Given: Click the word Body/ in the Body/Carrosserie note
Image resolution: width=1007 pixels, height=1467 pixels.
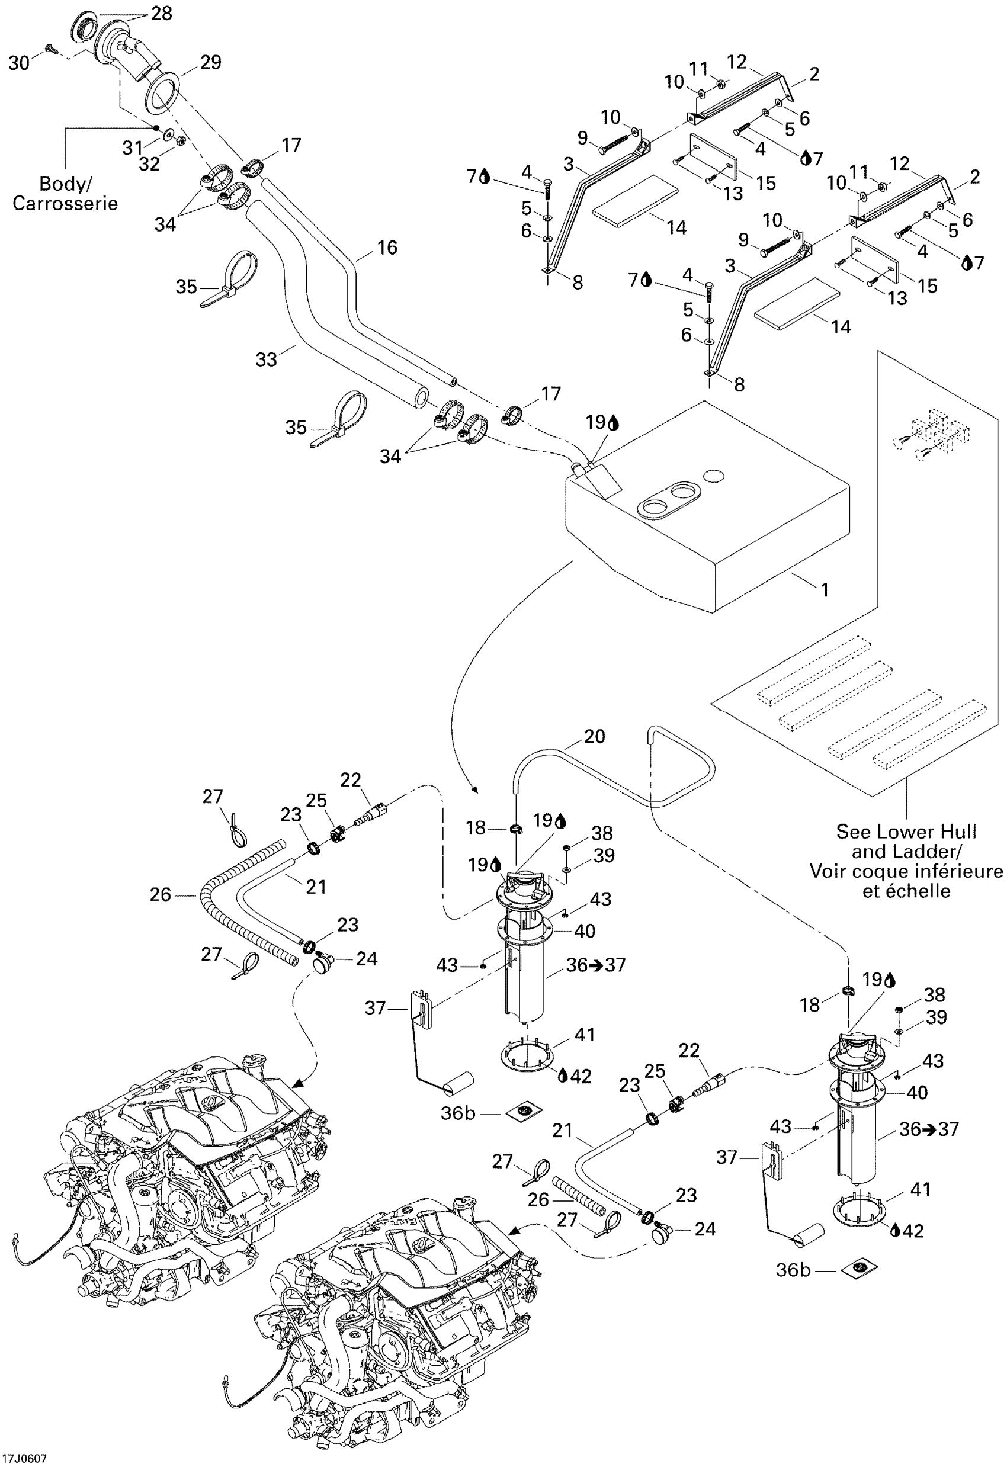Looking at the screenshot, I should (65, 184).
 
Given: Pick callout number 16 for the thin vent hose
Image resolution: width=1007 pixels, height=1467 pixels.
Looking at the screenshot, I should (387, 248).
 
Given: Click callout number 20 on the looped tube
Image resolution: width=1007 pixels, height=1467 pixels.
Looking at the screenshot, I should (594, 736).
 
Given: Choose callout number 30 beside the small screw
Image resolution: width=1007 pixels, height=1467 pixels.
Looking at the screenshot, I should (19, 63).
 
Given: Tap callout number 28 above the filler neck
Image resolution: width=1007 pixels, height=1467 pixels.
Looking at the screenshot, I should (162, 13).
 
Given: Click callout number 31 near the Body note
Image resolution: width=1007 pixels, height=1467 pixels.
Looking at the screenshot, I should (133, 147).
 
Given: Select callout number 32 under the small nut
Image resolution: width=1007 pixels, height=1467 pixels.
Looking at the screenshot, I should (150, 163).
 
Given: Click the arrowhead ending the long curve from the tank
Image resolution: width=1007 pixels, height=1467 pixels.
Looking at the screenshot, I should (475, 789).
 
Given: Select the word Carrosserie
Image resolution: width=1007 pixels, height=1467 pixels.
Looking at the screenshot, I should (65, 203).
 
